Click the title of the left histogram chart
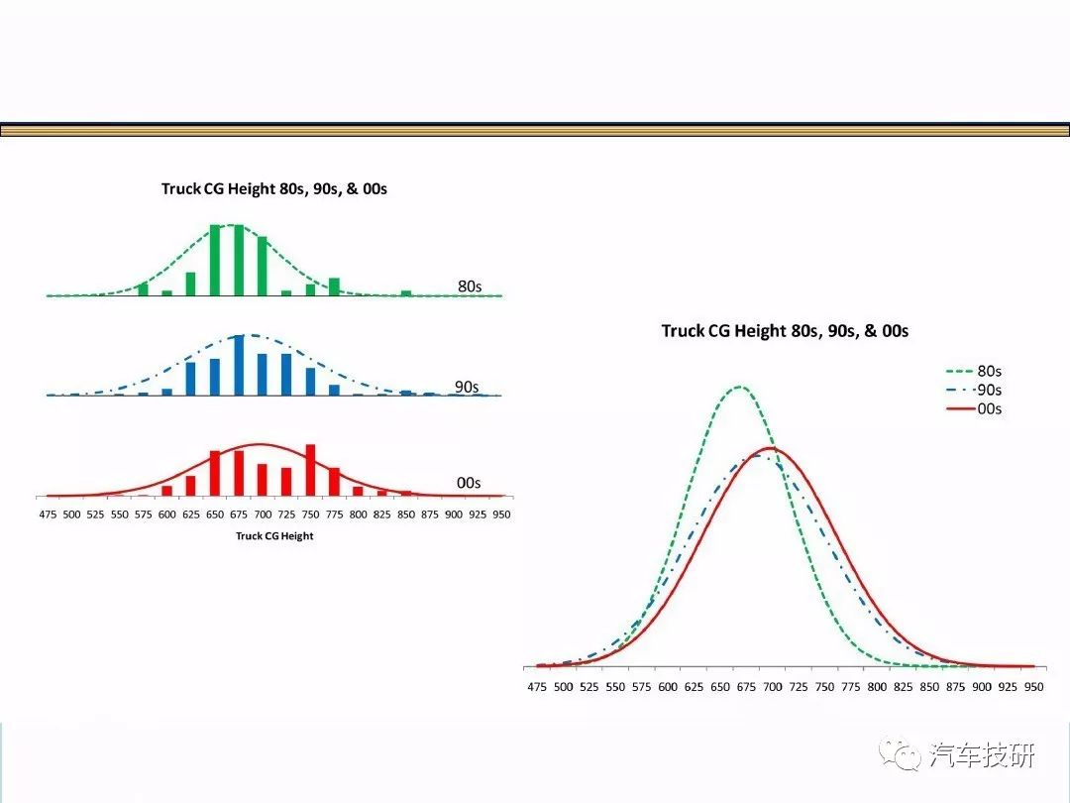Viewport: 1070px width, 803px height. (274, 188)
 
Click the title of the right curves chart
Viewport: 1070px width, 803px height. (785, 331)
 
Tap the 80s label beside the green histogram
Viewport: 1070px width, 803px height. (470, 287)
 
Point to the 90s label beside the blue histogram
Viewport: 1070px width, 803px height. (467, 388)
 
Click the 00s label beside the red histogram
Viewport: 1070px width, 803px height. (469, 484)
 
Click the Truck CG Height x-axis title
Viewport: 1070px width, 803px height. (274, 536)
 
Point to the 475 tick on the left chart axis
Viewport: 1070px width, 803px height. (48, 515)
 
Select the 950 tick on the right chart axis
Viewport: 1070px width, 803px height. (1033, 687)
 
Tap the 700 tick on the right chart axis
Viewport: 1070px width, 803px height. (773, 687)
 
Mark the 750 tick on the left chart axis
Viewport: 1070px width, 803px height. (310, 515)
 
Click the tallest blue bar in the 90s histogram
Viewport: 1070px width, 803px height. (239, 365)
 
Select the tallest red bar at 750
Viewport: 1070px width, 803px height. (310, 471)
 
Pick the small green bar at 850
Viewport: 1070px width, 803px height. (406, 293)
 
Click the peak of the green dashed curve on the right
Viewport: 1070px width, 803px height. (740, 388)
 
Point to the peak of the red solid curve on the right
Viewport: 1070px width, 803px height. (771, 449)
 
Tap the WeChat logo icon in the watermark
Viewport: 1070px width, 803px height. (900, 753)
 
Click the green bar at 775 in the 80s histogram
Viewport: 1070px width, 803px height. (335, 287)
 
